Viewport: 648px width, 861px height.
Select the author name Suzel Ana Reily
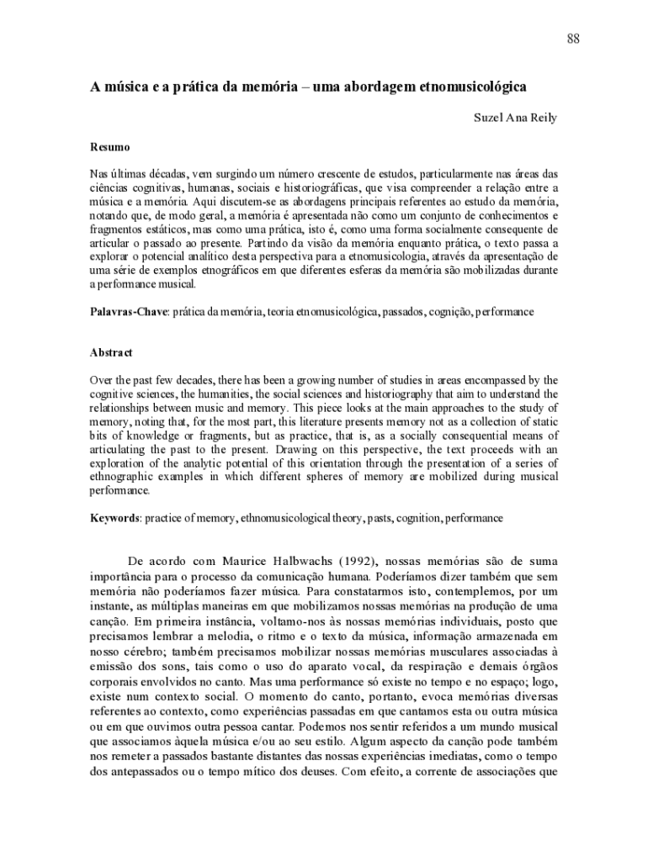[516, 118]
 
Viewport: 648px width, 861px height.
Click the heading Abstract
[111, 353]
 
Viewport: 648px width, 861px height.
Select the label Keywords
[115, 519]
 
